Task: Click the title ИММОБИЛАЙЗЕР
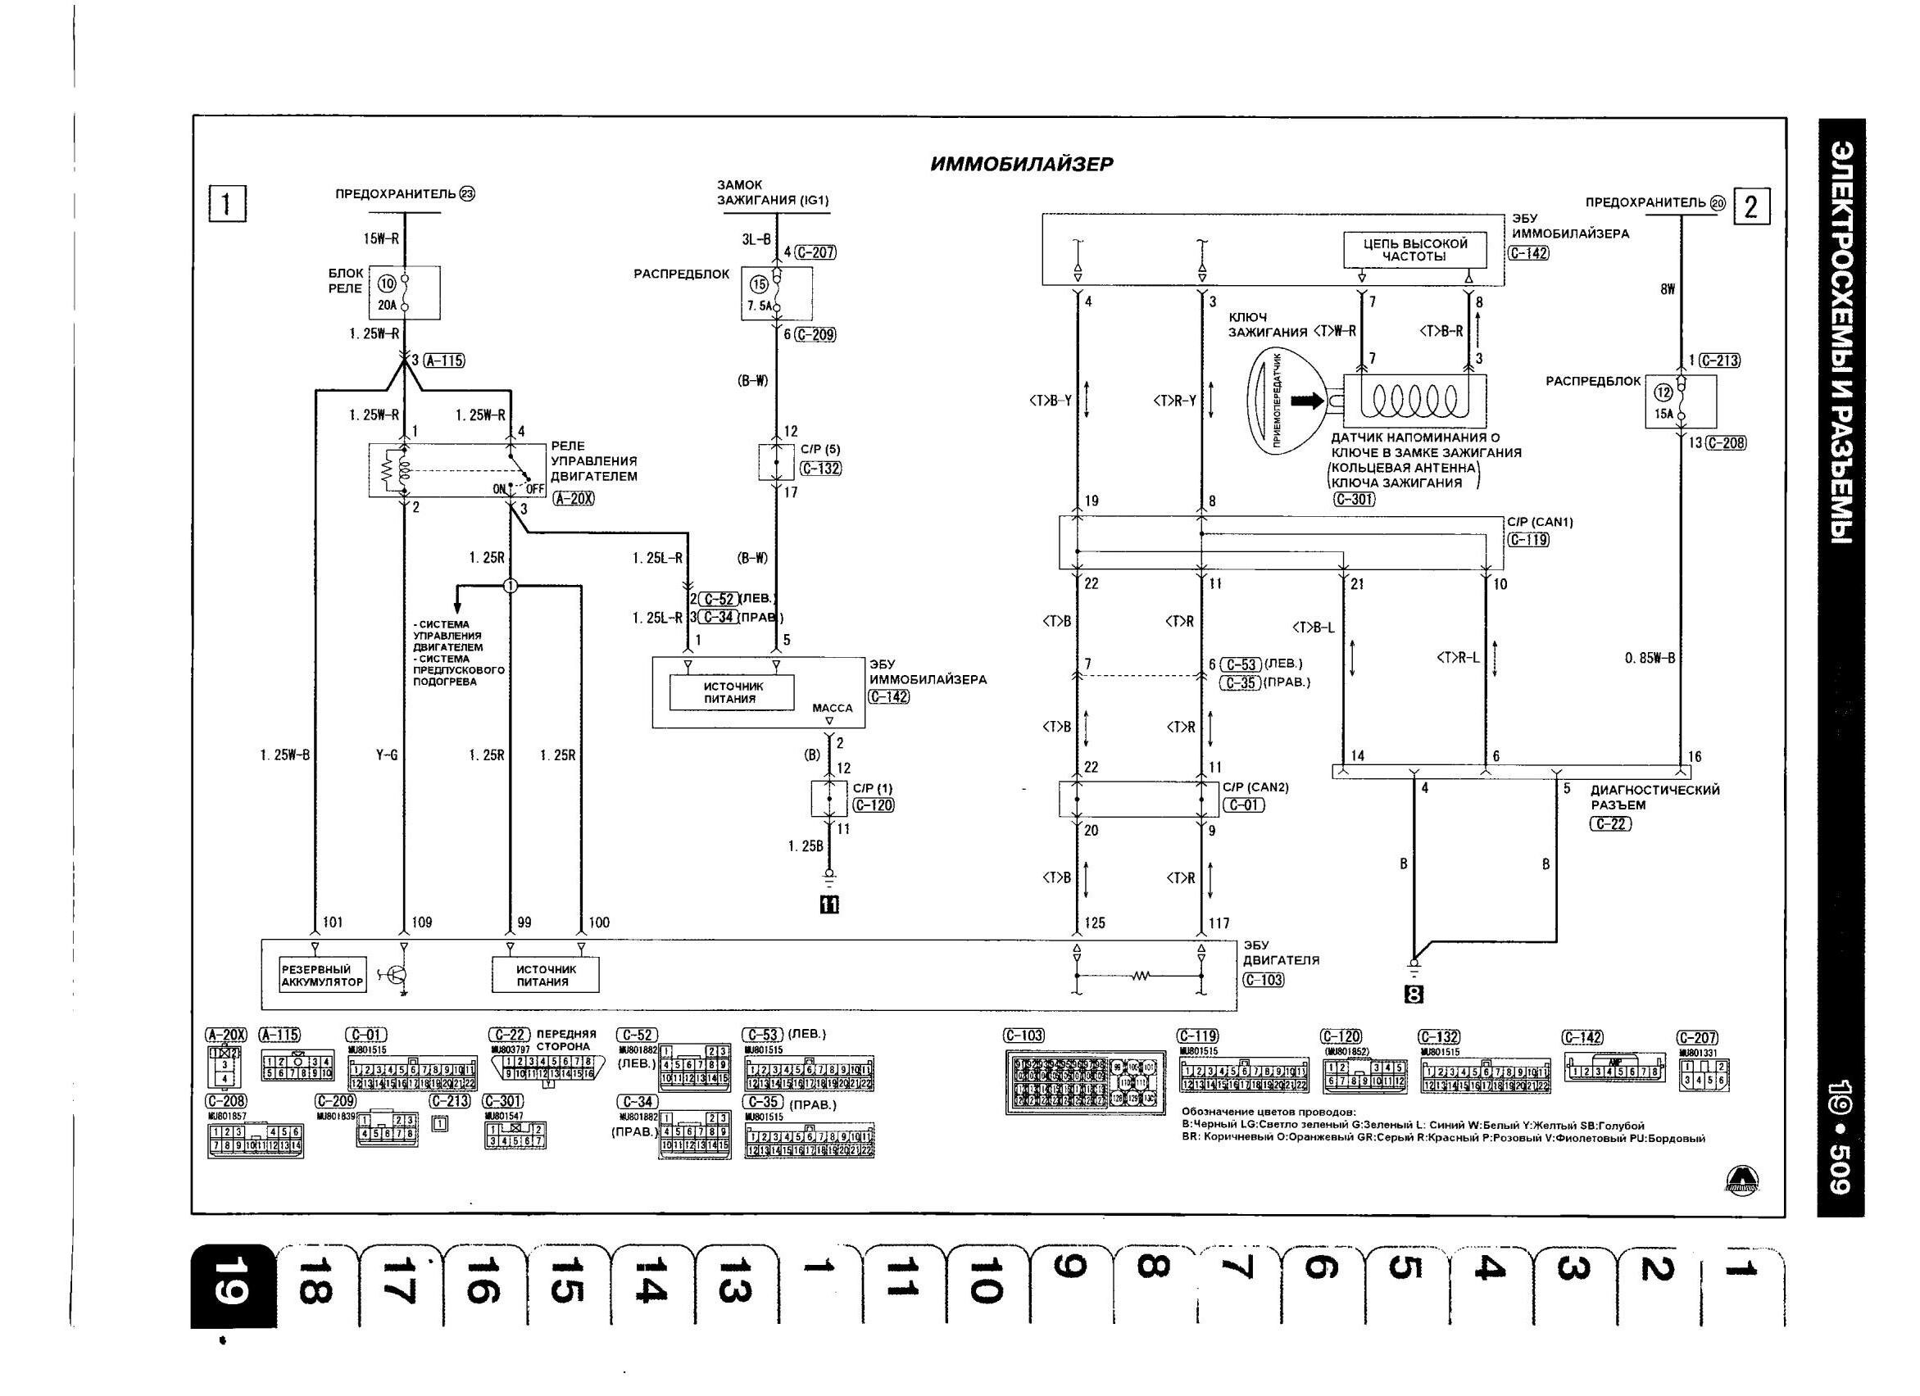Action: click(1022, 164)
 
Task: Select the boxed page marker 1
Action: click(227, 203)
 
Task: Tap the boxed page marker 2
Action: click(1751, 206)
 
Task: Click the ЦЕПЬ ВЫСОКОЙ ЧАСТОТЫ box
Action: click(1414, 249)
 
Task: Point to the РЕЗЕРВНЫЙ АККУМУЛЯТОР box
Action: click(322, 975)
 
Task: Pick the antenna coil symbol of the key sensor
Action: click(1414, 399)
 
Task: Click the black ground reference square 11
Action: click(828, 905)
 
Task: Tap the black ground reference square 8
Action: click(1414, 995)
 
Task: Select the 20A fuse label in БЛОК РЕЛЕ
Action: click(388, 306)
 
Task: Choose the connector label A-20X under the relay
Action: click(573, 499)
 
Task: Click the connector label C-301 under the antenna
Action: click(1354, 500)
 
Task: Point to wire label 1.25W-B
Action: click(285, 755)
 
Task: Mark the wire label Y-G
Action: click(387, 755)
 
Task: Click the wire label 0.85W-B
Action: click(1649, 658)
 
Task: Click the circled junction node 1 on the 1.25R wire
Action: click(510, 586)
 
